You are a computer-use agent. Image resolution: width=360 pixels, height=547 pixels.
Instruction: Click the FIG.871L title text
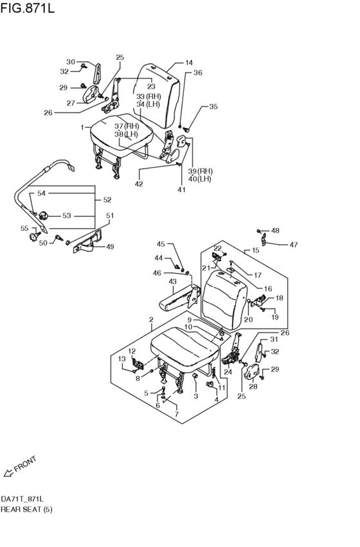[28, 8]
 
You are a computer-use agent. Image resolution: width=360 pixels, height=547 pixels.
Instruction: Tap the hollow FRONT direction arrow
[8, 472]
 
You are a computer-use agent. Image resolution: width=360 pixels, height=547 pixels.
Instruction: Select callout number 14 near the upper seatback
[189, 63]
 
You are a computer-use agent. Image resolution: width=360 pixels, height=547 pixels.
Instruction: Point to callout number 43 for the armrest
[172, 282]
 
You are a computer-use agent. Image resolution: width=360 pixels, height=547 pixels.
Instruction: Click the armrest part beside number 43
[179, 300]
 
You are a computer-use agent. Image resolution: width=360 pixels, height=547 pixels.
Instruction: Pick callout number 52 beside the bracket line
[107, 200]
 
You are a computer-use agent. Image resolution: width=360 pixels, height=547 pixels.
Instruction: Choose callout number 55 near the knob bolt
[24, 228]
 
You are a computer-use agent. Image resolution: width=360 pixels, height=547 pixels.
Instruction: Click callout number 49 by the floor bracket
[110, 247]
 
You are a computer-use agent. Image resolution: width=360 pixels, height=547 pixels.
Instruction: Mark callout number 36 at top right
[198, 73]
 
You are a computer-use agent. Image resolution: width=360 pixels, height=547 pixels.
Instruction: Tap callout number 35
[213, 107]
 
